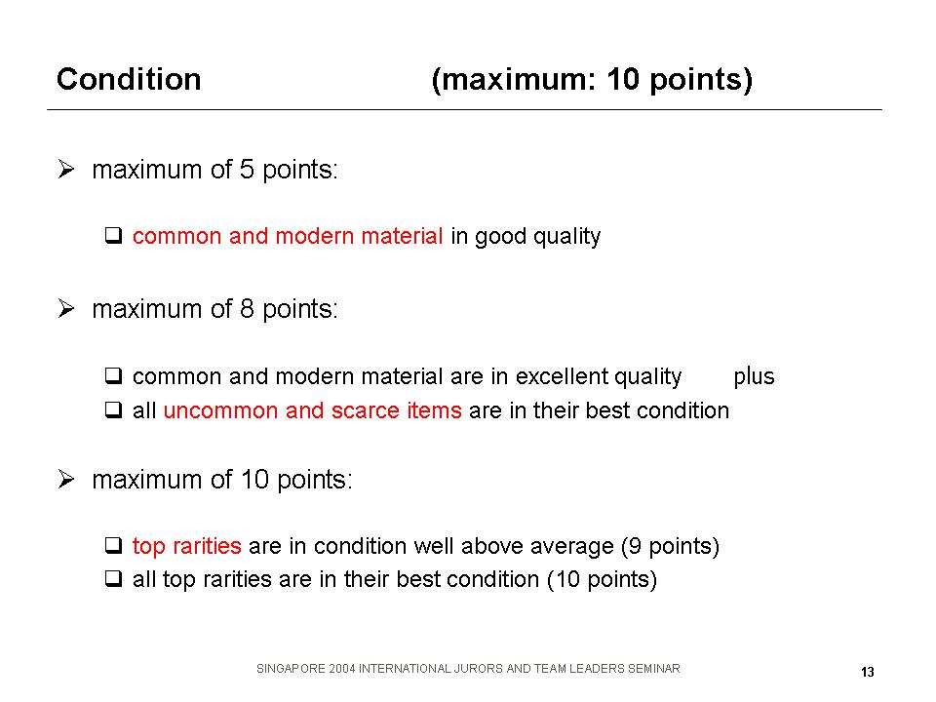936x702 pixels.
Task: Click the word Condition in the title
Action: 129,79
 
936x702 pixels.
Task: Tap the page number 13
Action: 868,672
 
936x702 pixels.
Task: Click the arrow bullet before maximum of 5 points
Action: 66,170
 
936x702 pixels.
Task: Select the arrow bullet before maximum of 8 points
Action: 66,309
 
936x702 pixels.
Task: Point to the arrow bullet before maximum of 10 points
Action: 66,480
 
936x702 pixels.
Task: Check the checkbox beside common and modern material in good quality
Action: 113,235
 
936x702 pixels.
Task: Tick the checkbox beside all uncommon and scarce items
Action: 113,409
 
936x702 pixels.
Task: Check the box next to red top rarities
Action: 113,545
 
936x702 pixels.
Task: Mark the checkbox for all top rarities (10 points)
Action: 113,578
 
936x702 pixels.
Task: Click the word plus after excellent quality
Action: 754,377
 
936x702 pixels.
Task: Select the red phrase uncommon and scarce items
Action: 312,410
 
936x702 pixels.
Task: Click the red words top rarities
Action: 187,547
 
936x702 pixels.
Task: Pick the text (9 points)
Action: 670,547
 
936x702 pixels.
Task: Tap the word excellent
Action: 562,376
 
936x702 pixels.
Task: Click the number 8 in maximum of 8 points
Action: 247,309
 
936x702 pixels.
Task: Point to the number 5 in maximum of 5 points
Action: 247,170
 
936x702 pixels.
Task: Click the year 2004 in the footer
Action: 342,669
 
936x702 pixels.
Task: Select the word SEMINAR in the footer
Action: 653,669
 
